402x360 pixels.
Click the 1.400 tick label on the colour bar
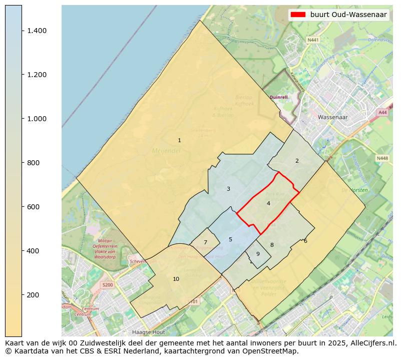[x=37, y=31]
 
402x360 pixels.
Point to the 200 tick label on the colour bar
[x=33, y=294]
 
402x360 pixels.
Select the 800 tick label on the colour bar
[x=33, y=163]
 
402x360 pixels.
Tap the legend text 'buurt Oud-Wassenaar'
[x=348, y=15]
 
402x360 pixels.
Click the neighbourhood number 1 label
[x=179, y=140]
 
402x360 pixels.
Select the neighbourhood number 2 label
[x=297, y=161]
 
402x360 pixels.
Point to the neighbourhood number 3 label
[x=228, y=189]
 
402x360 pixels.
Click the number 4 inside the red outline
[x=268, y=203]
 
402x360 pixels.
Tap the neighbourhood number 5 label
[x=230, y=239]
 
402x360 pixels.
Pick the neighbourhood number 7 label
[x=205, y=242]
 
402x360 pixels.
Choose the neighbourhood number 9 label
[x=258, y=254]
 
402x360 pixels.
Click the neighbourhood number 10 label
[x=176, y=279]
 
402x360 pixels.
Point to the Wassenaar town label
[x=332, y=117]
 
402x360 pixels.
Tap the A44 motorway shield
[x=383, y=113]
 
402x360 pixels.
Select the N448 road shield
[x=382, y=158]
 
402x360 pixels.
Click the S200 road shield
[x=107, y=285]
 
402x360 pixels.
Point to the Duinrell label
[x=278, y=97]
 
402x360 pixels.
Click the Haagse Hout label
[x=148, y=332]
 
